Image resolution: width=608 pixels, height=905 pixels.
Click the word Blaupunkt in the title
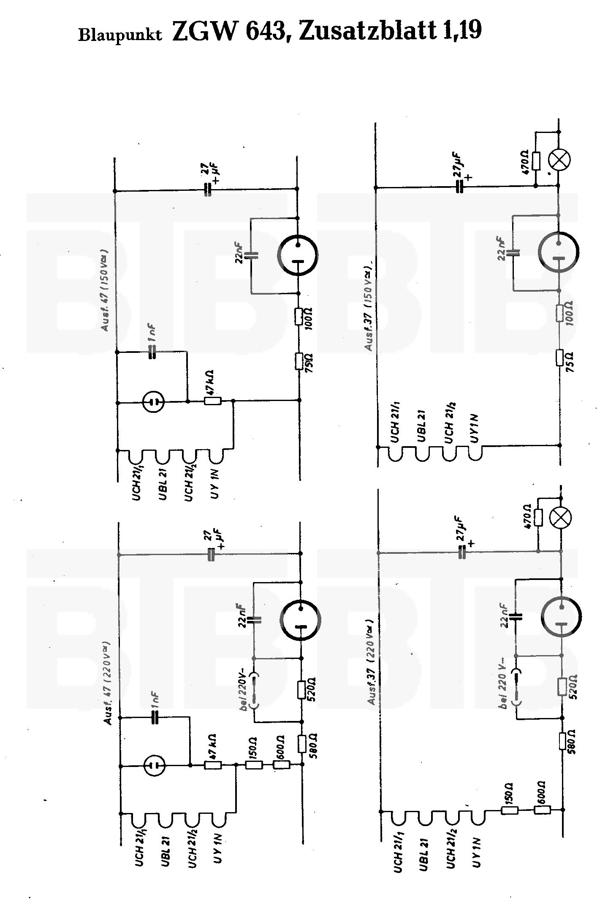120,35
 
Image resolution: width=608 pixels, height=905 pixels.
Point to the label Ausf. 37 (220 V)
371,661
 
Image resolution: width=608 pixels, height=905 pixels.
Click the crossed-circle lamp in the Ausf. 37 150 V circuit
559,160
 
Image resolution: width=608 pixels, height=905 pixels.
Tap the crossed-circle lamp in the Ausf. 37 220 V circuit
560,518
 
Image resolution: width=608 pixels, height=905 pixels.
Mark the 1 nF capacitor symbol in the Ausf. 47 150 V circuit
152,352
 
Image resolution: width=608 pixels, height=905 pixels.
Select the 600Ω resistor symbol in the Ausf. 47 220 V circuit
281,765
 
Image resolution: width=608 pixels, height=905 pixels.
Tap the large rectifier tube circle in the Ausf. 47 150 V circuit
298,255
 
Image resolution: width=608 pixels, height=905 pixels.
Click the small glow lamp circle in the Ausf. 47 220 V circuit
154,765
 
